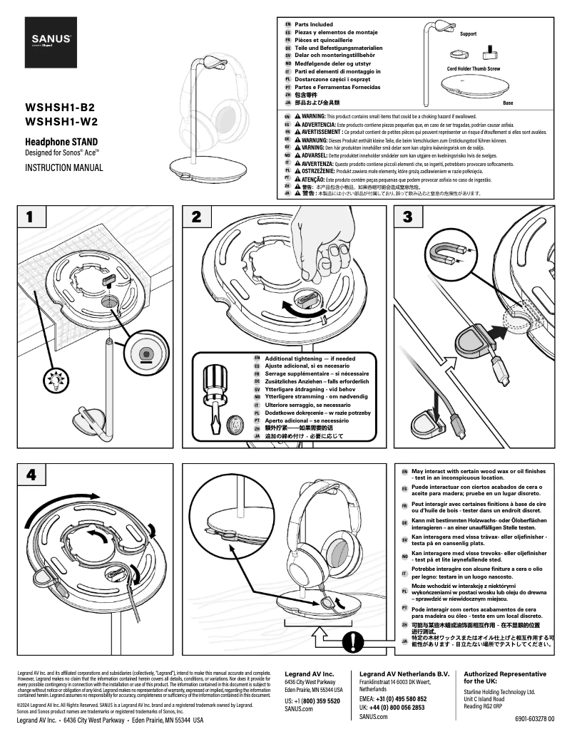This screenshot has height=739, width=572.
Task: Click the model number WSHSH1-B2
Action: click(60, 108)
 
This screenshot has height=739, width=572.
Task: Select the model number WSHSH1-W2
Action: click(61, 121)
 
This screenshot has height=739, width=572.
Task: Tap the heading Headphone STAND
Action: click(61, 142)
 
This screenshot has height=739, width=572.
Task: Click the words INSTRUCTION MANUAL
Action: click(64, 168)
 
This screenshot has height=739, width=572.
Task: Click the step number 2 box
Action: click(197, 217)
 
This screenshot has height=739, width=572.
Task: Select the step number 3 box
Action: click(407, 217)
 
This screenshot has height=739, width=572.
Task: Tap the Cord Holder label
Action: click(461, 68)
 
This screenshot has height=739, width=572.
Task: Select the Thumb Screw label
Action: click(488, 68)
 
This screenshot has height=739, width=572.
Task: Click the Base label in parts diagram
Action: click(508, 103)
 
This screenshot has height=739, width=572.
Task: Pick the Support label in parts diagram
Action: click(469, 34)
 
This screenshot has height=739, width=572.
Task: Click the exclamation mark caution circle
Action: click(352, 641)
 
